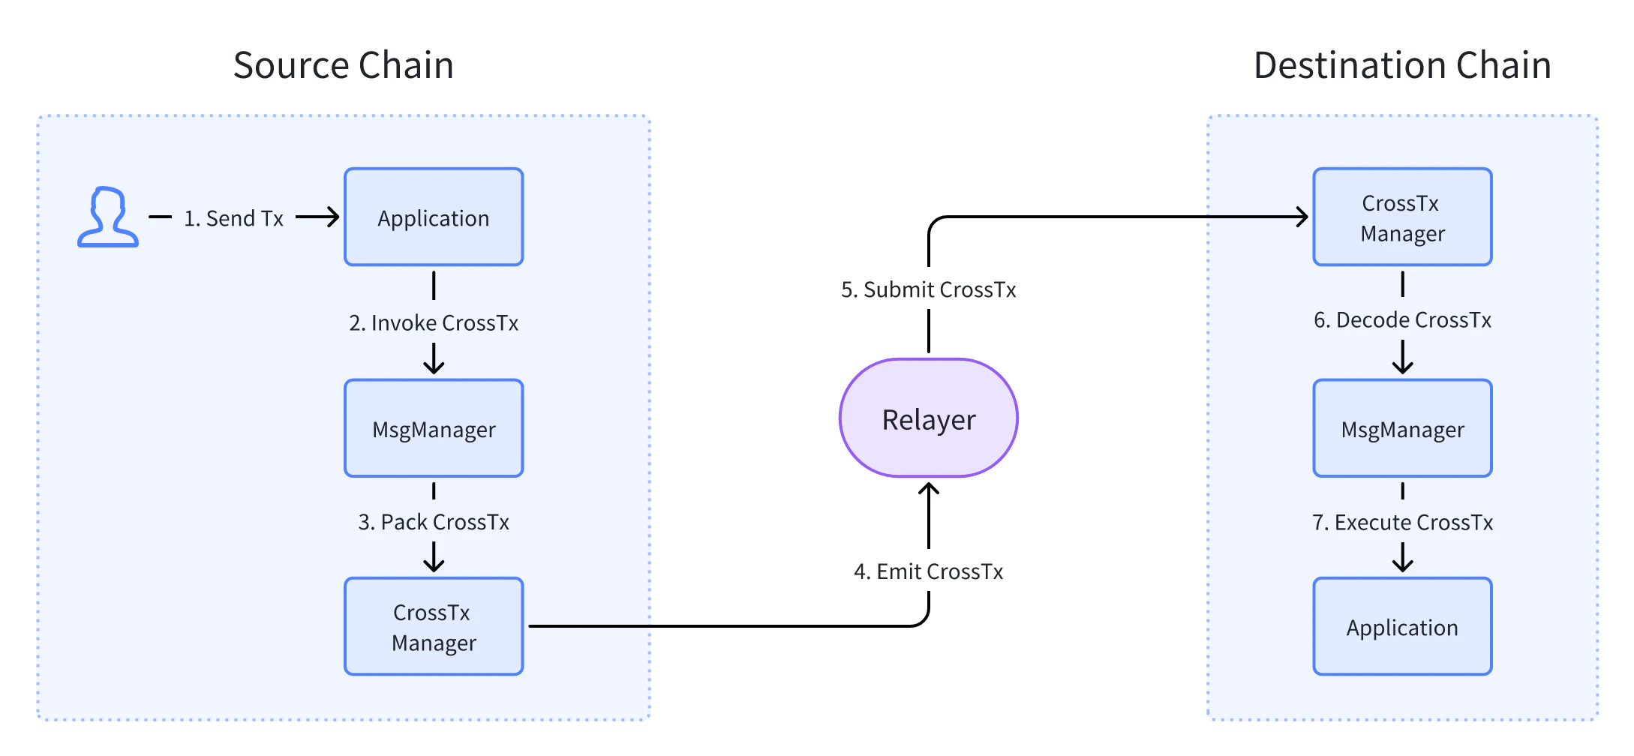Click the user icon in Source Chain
coord(108,217)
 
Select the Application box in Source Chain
coord(434,217)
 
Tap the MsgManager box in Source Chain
coord(434,428)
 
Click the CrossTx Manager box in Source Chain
coord(434,626)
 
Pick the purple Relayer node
coord(928,418)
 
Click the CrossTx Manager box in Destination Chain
coord(1402,217)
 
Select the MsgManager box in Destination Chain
coord(1402,428)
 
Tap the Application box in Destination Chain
coord(1402,626)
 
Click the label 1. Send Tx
coord(233,218)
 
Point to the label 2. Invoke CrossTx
coord(434,322)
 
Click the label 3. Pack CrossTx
coord(434,522)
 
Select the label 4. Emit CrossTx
coord(928,571)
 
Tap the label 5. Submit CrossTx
coord(928,289)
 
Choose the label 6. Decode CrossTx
coord(1402,320)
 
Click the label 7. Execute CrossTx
coord(1402,522)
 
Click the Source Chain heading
coord(344,65)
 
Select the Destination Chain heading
coord(1402,65)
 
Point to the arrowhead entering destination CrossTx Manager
coord(1303,217)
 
